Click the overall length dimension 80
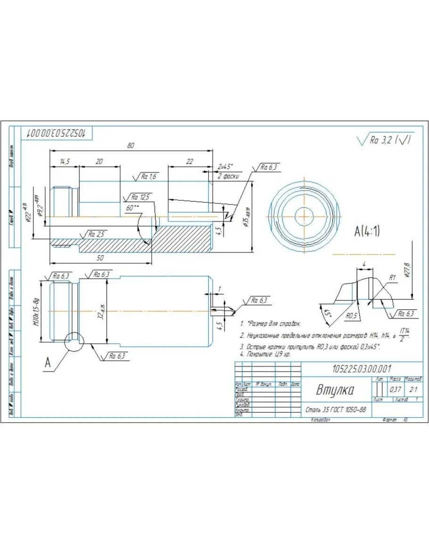pyautogui.click(x=131, y=146)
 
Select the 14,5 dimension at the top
pyautogui.click(x=65, y=161)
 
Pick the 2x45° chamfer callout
pyautogui.click(x=226, y=167)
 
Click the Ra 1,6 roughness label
pyautogui.click(x=147, y=177)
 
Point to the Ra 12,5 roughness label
pyautogui.click(x=140, y=197)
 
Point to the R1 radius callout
pyautogui.click(x=392, y=278)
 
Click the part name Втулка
pyautogui.click(x=335, y=390)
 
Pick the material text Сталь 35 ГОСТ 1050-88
pyautogui.click(x=335, y=410)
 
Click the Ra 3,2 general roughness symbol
pyautogui.click(x=385, y=140)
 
